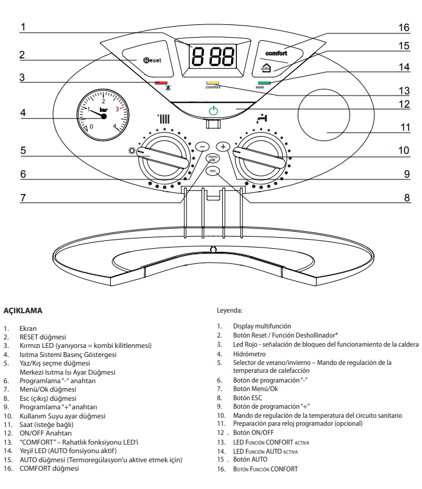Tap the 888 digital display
[x=213, y=56]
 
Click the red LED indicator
[x=161, y=83]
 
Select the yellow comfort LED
[x=213, y=83]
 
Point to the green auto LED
[x=264, y=83]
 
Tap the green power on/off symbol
[x=214, y=111]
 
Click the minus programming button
[x=202, y=147]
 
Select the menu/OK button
[x=213, y=158]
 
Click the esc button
[x=213, y=171]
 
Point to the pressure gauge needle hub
[x=104, y=116]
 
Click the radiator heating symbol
[x=164, y=119]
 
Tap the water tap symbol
[x=262, y=119]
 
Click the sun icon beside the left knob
[x=132, y=151]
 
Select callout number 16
[x=404, y=27]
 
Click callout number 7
[x=23, y=198]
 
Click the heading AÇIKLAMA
[x=23, y=311]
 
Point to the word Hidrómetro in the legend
[x=250, y=354]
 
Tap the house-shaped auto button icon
[x=266, y=68]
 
